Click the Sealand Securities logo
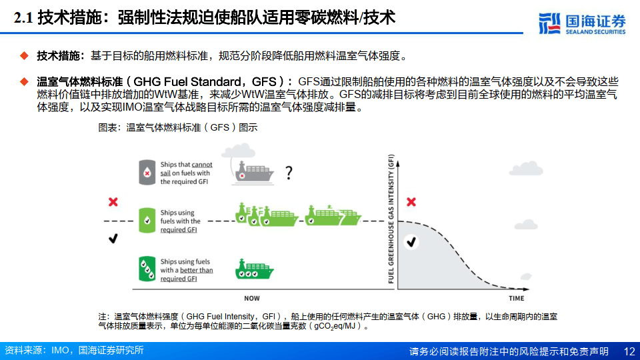click(x=582, y=23)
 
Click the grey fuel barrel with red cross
click(x=147, y=172)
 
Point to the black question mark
click(x=289, y=174)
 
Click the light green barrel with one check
click(x=147, y=221)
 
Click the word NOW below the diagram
click(x=252, y=298)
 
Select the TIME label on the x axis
click(x=516, y=298)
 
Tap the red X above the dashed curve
click(x=411, y=201)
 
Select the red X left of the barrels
click(x=113, y=201)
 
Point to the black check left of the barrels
click(x=113, y=238)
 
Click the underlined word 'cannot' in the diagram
click(x=202, y=164)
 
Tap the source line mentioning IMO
click(x=73, y=351)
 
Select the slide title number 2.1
click(x=24, y=18)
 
